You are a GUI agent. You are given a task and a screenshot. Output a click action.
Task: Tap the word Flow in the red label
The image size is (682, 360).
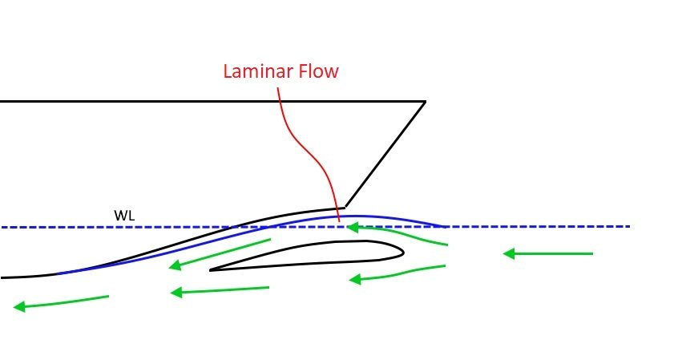pos(318,71)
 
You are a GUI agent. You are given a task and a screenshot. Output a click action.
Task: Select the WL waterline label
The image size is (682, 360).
pos(123,216)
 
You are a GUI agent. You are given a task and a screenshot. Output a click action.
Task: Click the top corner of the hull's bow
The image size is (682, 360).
pos(425,102)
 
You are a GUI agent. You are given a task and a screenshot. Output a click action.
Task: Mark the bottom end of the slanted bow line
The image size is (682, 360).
pos(345,208)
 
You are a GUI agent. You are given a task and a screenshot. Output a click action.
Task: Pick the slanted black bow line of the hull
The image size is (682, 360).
pos(385,155)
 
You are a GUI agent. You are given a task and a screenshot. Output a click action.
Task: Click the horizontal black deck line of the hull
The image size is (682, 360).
pos(208,102)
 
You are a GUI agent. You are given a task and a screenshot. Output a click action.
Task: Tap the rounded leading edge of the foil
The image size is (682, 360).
pos(401,252)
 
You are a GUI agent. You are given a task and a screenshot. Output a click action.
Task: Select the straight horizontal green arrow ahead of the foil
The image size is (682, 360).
pos(548,254)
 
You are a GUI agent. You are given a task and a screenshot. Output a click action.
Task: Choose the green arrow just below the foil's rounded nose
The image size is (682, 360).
pos(397,273)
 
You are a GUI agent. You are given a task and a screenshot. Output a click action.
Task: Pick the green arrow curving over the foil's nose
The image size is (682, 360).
pos(397,233)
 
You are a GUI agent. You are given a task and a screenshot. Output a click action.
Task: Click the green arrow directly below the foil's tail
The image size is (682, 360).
pos(220,291)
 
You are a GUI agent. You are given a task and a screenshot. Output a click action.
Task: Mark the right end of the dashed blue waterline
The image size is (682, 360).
pos(629,226)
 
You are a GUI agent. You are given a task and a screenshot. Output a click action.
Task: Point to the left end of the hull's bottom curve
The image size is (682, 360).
pos(3,277)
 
